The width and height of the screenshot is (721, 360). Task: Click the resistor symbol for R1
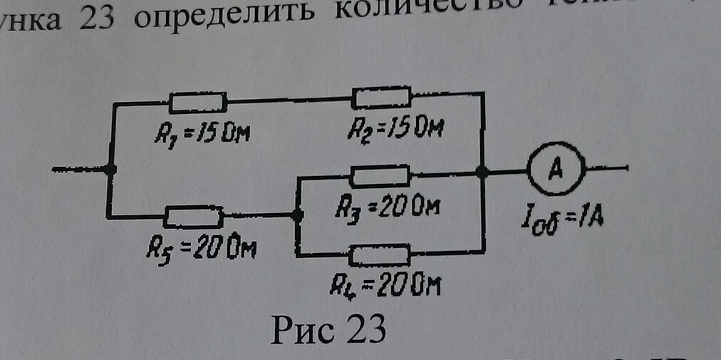tap(198, 103)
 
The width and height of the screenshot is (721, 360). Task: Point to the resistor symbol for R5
tap(194, 215)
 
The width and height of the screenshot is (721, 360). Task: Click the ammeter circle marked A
tap(555, 170)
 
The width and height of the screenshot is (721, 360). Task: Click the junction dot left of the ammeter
tap(482, 171)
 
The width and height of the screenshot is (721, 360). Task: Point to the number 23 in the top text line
tap(92, 16)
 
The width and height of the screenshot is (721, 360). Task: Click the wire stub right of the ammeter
tap(606, 169)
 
